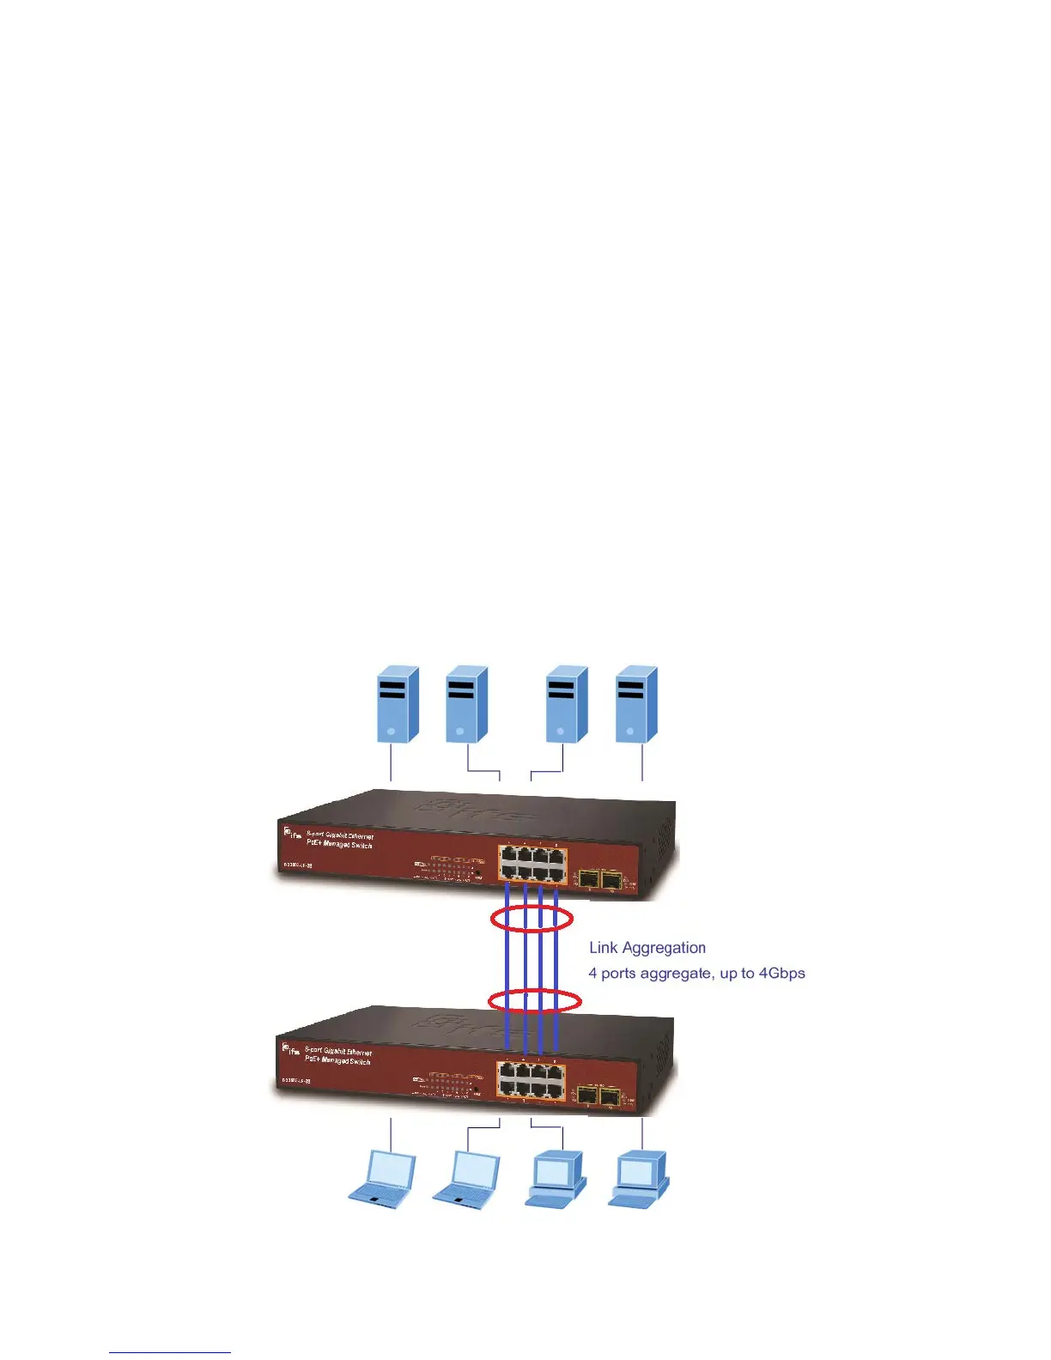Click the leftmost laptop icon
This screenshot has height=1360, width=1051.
(382, 1179)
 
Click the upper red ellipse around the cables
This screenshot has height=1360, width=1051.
(532, 919)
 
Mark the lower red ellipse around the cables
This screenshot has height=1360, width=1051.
(535, 1000)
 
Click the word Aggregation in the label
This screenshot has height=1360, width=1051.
(664, 948)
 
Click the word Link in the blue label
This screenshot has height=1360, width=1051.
(603, 948)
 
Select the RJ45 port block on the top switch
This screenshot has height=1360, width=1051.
(532, 864)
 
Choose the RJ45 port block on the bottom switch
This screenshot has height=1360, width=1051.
(532, 1080)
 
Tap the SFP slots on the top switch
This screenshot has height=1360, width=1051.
(600, 878)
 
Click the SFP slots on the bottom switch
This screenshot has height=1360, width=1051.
(599, 1096)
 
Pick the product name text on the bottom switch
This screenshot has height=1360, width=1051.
(338, 1056)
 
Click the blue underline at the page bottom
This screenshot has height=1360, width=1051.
(170, 1352)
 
